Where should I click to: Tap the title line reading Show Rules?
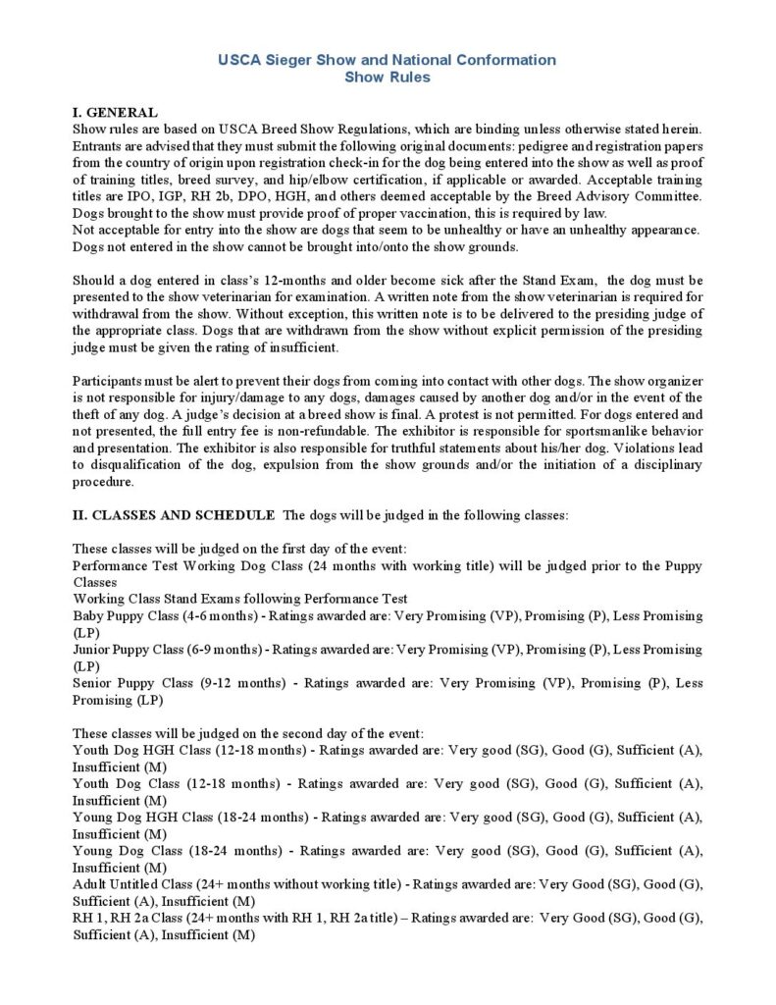click(x=387, y=78)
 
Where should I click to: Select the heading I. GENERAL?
click(x=115, y=113)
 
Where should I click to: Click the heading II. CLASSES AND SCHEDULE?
click(x=174, y=514)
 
